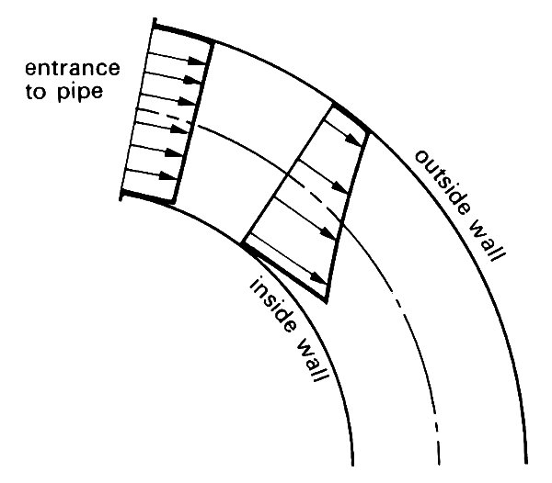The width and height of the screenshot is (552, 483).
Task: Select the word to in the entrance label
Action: (x=37, y=92)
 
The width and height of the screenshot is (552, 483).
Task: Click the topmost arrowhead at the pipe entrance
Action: (x=203, y=62)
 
